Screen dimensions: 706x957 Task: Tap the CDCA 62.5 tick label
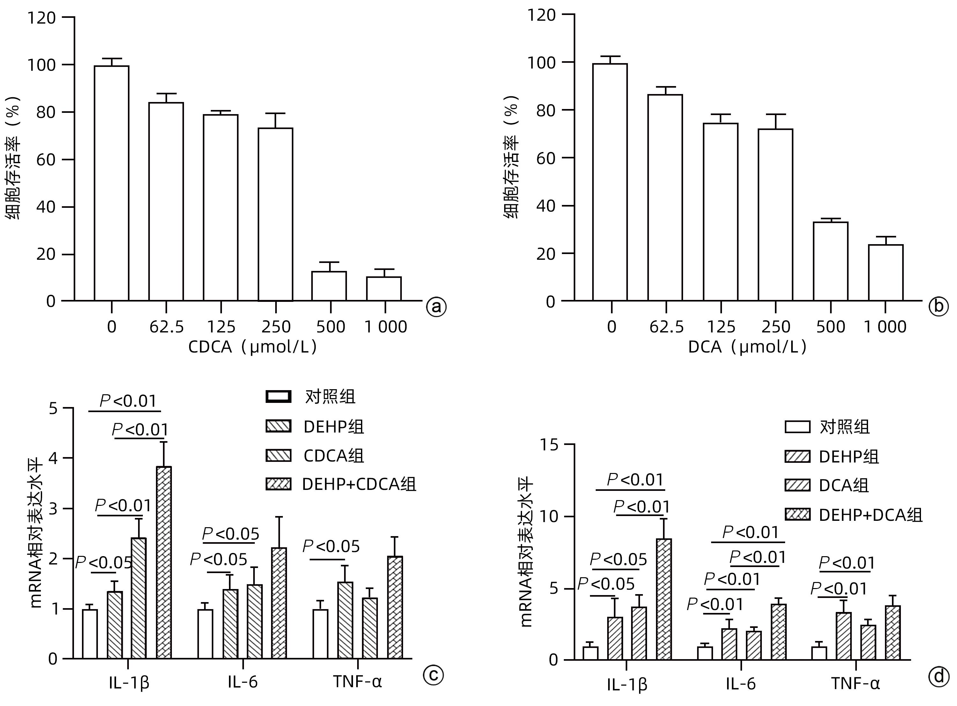tap(166, 327)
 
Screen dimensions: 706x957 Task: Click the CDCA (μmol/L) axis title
tap(252, 346)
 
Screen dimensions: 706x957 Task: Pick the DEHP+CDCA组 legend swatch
tap(278, 484)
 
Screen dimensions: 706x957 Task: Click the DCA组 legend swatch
tap(798, 485)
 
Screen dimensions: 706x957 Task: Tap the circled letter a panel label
tap(436, 307)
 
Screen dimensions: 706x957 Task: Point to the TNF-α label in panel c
tap(357, 682)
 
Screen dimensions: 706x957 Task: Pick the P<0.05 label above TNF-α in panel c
tap(331, 547)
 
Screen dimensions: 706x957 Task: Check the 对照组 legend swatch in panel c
tap(278, 397)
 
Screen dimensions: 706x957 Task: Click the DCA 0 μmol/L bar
tap(610, 182)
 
